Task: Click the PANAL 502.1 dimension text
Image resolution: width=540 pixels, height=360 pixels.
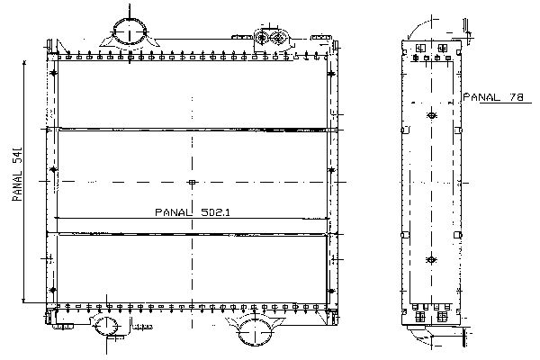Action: click(193, 212)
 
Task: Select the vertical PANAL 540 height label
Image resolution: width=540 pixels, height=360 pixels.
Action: click(17, 174)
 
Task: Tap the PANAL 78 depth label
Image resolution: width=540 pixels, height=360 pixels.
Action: click(493, 97)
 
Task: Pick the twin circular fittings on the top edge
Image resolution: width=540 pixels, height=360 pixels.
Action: click(270, 38)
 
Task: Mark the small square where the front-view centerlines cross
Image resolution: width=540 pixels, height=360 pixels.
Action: click(193, 182)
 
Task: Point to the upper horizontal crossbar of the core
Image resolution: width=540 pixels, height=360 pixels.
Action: click(193, 130)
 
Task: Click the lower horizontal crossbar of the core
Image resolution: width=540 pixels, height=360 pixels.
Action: click(193, 234)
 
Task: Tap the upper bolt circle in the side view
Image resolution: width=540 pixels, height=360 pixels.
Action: click(431, 115)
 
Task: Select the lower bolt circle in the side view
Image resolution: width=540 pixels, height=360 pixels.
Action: click(431, 259)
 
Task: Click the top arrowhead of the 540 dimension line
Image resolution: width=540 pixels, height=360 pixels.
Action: click(24, 62)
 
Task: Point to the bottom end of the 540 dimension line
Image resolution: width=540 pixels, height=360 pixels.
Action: click(24, 302)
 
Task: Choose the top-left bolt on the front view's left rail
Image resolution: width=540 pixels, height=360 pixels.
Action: click(53, 73)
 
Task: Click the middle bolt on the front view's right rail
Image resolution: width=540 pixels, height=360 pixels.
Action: click(331, 170)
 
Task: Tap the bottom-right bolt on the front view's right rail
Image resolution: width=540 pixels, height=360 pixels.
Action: click(331, 291)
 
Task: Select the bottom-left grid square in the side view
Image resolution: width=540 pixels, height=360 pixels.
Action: click(419, 317)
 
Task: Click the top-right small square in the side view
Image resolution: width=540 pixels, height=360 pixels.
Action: click(443, 48)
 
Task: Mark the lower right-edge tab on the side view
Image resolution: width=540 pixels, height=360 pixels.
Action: click(458, 235)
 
